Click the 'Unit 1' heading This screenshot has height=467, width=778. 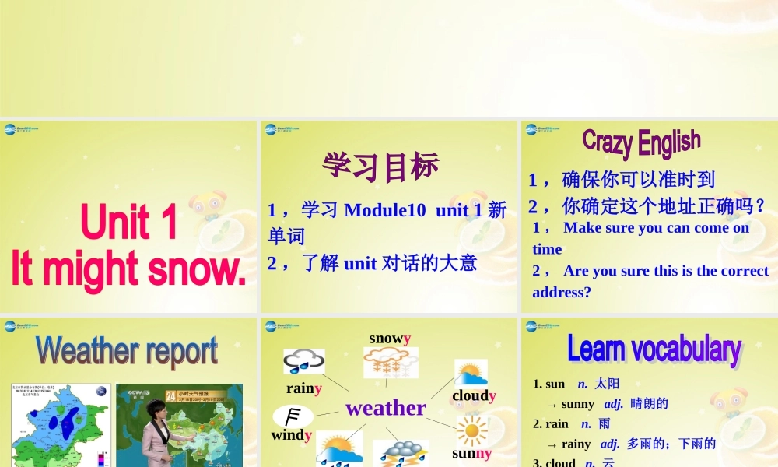click(x=129, y=221)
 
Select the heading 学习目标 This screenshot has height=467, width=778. click(x=381, y=166)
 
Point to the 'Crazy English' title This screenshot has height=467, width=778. click(x=641, y=142)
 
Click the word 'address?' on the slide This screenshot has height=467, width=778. click(x=562, y=293)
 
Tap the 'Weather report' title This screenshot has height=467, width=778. click(x=127, y=351)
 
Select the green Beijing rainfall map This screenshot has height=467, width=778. click(x=61, y=427)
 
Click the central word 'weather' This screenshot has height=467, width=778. click(x=386, y=408)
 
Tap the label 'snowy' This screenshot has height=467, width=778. click(x=390, y=338)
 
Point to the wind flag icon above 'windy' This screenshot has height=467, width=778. click(x=293, y=417)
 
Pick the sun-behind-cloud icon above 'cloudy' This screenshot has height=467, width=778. click(x=471, y=373)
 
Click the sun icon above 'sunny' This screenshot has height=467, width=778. click(x=471, y=430)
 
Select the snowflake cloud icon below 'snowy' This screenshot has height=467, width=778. click(x=391, y=362)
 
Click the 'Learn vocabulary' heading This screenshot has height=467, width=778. click(x=654, y=349)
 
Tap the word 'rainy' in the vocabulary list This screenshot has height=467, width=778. click(x=576, y=444)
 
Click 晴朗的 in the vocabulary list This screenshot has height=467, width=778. click(x=650, y=404)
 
